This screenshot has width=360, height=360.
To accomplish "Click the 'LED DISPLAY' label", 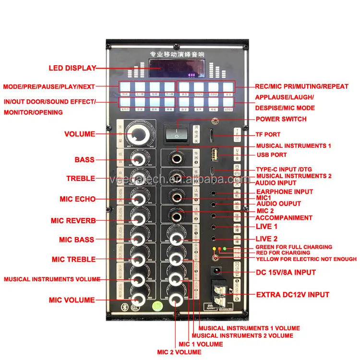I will tap(72, 68).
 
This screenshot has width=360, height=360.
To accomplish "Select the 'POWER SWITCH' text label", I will tap(281, 119).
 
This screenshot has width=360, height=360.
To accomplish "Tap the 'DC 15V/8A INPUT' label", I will tap(285, 273).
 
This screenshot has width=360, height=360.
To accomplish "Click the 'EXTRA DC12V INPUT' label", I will tap(292, 295).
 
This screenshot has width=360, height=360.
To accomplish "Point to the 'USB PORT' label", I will tap(271, 155).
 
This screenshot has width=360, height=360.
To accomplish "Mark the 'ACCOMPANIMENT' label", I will tap(284, 217).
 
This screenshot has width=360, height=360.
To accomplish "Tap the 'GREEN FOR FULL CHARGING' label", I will tap(294, 247).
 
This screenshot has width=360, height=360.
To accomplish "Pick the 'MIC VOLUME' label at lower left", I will tap(72, 300).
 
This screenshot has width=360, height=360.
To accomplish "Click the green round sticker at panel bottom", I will tap(156, 305).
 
